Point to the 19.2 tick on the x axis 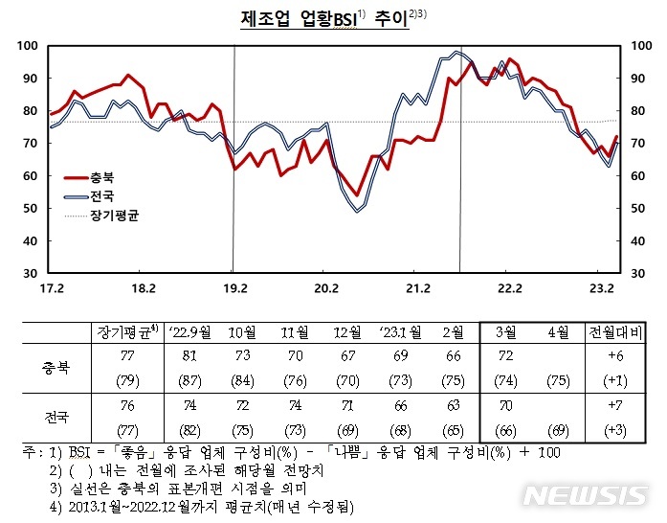234,286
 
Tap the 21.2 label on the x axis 417,286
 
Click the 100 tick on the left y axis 28,46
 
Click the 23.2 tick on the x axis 600,286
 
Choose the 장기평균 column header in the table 126,332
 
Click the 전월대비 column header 615,332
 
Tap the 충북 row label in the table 56,366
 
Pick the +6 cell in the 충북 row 615,356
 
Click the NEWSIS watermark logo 587,495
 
